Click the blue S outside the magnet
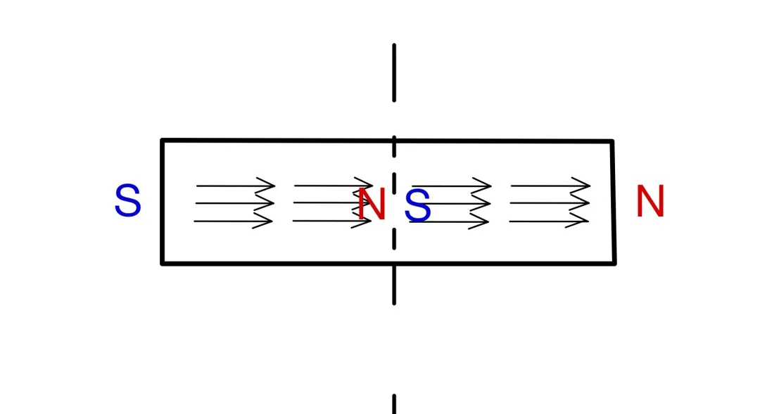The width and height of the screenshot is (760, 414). (x=128, y=200)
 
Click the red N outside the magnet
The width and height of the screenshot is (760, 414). (x=650, y=202)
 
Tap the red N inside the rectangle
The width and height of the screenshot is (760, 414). (x=372, y=205)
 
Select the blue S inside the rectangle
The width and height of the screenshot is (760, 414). (x=417, y=206)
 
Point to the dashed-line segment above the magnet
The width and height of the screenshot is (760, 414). (x=394, y=72)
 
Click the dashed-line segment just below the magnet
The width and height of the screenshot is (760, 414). (x=394, y=285)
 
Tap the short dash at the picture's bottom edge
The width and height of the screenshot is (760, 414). (x=394, y=404)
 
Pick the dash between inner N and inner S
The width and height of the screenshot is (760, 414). (x=394, y=184)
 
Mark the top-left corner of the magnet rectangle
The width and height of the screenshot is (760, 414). (x=163, y=141)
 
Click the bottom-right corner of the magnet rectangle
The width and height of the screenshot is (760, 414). (x=614, y=264)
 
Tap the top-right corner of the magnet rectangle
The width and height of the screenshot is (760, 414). (x=613, y=141)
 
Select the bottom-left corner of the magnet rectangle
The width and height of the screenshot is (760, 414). (x=163, y=264)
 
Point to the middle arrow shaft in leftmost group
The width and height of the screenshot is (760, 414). (x=234, y=203)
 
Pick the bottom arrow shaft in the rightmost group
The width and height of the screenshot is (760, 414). (x=549, y=221)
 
